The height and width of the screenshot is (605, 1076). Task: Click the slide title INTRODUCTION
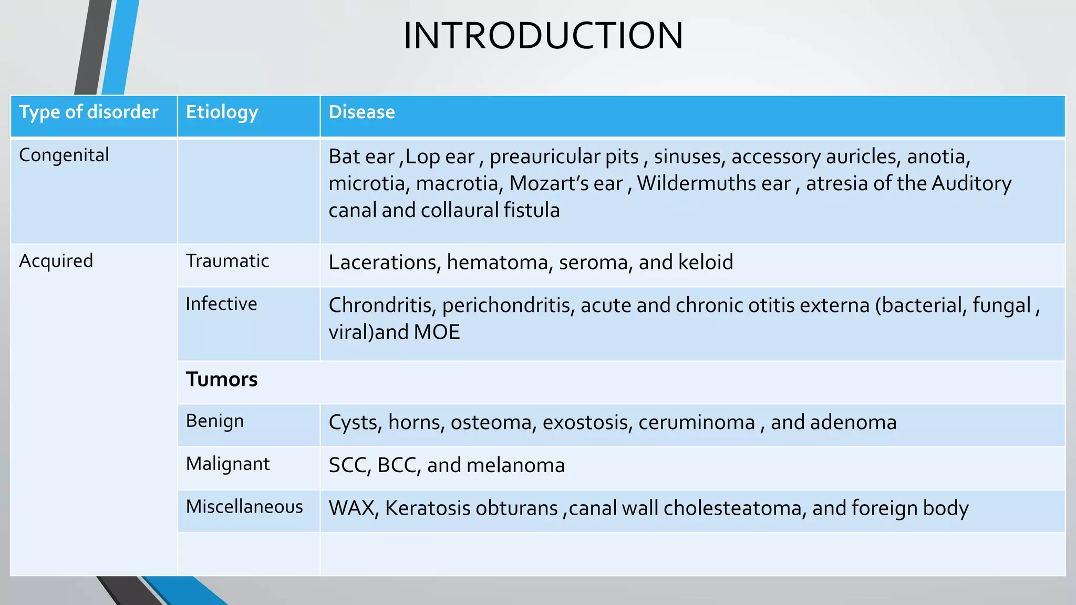point(543,36)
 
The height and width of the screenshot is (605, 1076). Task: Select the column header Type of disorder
point(88,112)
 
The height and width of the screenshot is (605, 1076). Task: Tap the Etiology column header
point(222,112)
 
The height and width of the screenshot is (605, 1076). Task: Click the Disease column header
point(361,112)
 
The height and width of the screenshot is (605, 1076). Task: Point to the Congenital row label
point(64,155)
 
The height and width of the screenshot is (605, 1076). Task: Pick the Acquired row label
point(56,261)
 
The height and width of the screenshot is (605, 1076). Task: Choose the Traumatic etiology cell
point(227,261)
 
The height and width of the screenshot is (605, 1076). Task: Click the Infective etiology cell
point(221,304)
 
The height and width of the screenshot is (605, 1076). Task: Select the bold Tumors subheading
point(222,379)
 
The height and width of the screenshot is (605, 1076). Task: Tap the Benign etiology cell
point(214,421)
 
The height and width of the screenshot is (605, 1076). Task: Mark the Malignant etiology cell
point(227,464)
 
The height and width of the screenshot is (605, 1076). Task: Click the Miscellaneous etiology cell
point(244,507)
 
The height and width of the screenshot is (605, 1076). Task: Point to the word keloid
point(706,262)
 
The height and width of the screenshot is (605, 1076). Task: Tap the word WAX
point(353,508)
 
